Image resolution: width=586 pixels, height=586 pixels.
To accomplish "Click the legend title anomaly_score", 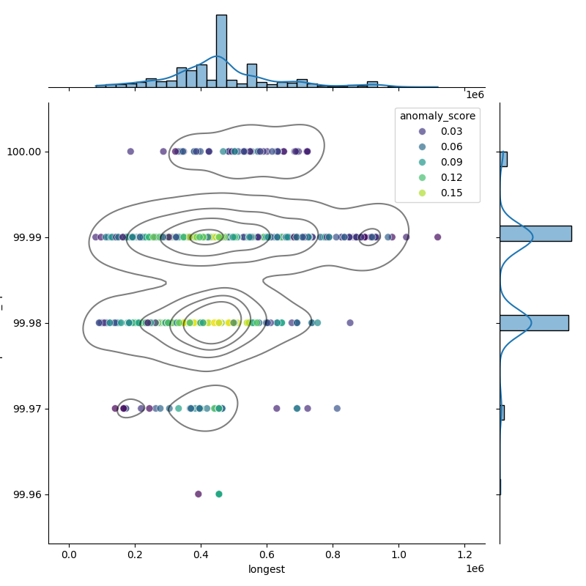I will coord(437,116).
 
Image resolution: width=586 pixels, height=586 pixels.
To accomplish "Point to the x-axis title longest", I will coord(267,569).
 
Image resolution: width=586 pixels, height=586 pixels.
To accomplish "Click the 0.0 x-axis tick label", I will coord(69,555).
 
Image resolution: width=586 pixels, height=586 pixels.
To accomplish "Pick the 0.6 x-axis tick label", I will coord(267,555).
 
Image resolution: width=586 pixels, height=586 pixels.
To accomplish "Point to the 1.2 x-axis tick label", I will coord(464,555).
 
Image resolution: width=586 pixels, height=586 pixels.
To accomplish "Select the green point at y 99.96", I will coord(219,494).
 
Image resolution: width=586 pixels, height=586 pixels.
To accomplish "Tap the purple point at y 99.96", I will coord(199,494).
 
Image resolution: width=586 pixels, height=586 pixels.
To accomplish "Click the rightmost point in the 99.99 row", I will coord(437,237).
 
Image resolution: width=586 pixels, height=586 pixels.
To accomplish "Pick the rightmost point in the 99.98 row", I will coord(350,322).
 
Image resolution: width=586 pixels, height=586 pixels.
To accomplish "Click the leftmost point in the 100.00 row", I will coord(130,152).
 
